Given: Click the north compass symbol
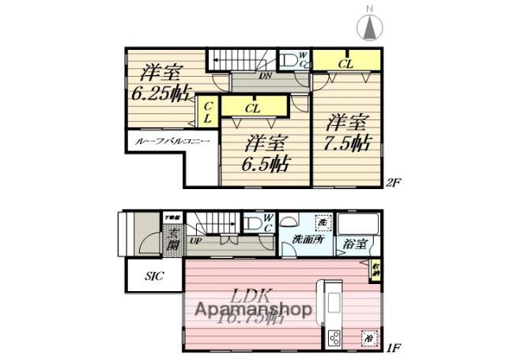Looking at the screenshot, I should click(x=369, y=26).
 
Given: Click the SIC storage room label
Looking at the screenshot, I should click(x=155, y=278).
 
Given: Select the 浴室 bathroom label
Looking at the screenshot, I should click(x=353, y=244).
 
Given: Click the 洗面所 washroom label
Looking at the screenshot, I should click(x=307, y=239).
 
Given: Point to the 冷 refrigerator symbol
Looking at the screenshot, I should click(x=368, y=336).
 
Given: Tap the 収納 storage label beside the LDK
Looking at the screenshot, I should click(x=376, y=270).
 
